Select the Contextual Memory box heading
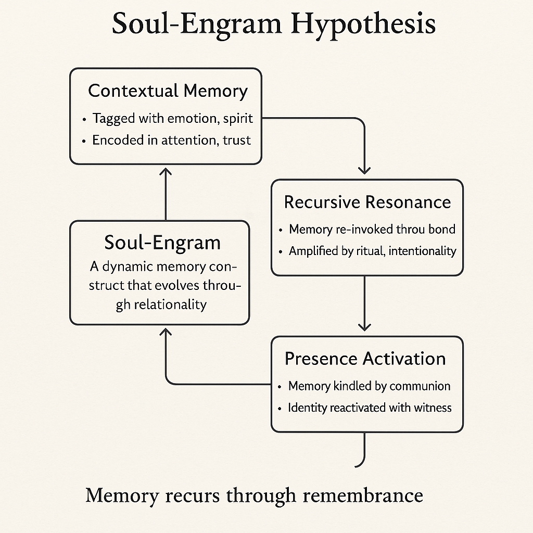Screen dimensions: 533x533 (168, 91)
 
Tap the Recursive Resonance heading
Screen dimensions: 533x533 (367, 202)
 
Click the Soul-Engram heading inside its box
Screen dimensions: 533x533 (162, 243)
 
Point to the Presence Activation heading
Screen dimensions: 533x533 (365, 359)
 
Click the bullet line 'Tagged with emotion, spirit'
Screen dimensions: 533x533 (172, 118)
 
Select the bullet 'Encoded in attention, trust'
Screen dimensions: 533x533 (171, 140)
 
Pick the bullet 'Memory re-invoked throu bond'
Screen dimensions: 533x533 (372, 229)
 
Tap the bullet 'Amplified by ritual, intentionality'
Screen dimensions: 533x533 (372, 251)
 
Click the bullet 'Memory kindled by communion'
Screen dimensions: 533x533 (369, 386)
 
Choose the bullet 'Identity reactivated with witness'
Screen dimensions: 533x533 (370, 408)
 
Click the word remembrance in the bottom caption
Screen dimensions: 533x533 (363, 495)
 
